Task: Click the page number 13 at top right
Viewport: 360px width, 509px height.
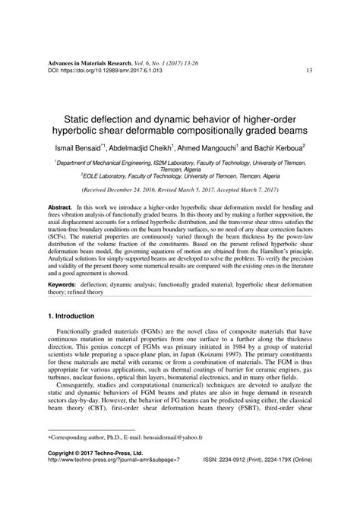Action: coord(310,71)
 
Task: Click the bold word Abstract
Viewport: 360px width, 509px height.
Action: coord(59,207)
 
